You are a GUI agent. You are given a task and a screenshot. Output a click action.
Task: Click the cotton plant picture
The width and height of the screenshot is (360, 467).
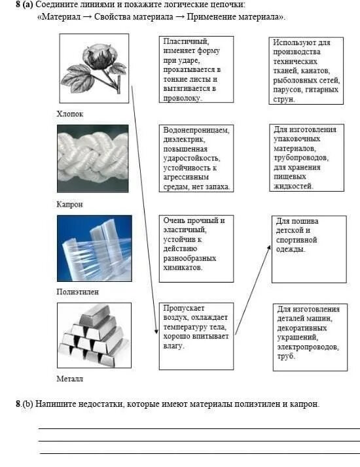(94, 67)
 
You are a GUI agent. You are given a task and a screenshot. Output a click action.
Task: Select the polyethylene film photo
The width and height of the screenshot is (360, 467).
(94, 248)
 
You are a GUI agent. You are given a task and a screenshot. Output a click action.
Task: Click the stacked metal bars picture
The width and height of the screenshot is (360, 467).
(94, 335)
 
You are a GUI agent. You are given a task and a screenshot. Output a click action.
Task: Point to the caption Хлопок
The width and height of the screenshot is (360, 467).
(70, 114)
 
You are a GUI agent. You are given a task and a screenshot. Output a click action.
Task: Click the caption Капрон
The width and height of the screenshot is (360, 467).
(70, 204)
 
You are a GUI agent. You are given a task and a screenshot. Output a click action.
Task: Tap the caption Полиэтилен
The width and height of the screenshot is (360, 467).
(78, 292)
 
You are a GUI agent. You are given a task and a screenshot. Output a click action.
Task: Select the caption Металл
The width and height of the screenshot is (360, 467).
(70, 378)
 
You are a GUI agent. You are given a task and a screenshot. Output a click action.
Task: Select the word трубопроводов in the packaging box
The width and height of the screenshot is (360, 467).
(301, 158)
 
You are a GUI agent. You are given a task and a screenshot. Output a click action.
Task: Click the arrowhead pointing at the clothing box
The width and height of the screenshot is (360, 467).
(269, 247)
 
